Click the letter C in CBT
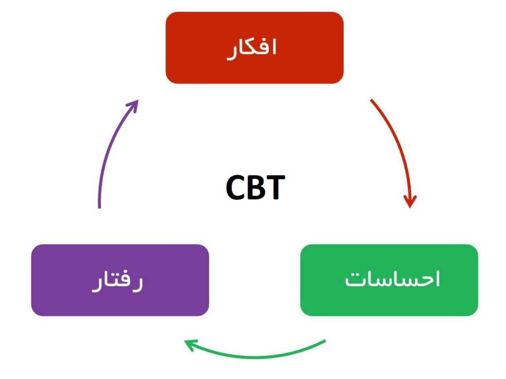236,188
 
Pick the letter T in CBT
275,188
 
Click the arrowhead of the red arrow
410,202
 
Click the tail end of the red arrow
372,101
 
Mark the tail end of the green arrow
325,341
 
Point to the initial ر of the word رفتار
138,284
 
